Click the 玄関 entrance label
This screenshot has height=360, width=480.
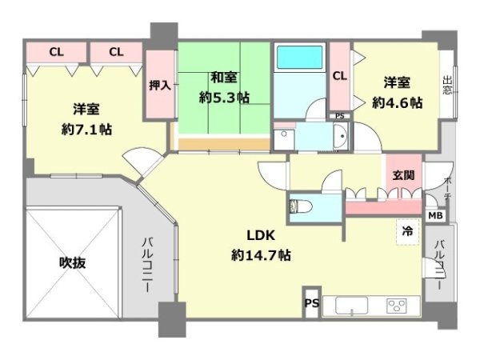(x=403, y=175)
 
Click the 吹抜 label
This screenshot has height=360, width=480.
(x=70, y=262)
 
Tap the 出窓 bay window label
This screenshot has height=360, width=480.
(x=446, y=86)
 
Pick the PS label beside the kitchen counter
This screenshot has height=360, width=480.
(x=310, y=303)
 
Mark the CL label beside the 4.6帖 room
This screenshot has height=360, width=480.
(x=339, y=76)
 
